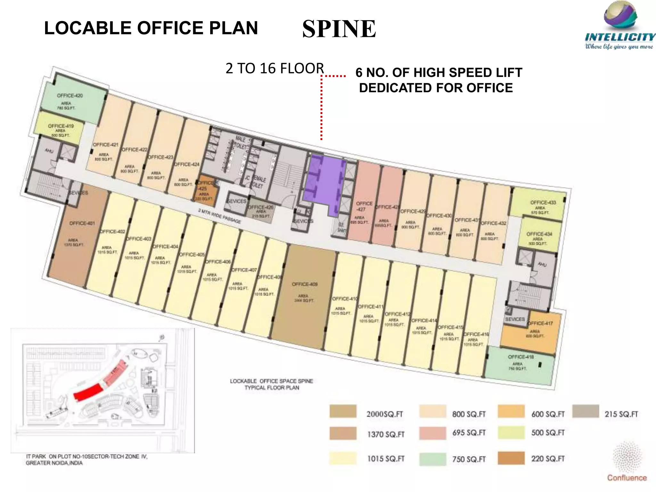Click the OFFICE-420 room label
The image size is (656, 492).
(x=70, y=95)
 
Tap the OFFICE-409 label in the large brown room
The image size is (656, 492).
(x=304, y=284)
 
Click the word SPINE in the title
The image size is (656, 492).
(x=339, y=29)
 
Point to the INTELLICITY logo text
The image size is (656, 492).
(x=620, y=37)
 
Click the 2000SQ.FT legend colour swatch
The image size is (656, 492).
(x=343, y=411)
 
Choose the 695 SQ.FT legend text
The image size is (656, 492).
(x=469, y=433)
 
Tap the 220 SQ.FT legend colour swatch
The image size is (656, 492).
(x=511, y=458)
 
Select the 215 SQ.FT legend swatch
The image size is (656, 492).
(x=586, y=411)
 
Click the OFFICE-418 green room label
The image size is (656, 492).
(x=521, y=357)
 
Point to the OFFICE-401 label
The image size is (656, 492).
(x=82, y=223)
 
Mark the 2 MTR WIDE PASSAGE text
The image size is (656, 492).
(x=219, y=216)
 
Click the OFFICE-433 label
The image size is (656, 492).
(x=543, y=202)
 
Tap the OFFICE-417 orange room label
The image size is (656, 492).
(x=540, y=323)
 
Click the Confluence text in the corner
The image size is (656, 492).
(x=627, y=478)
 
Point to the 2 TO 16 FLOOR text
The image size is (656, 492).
(x=275, y=68)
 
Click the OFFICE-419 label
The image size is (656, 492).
(x=61, y=126)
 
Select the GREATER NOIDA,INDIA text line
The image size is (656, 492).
(x=54, y=463)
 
